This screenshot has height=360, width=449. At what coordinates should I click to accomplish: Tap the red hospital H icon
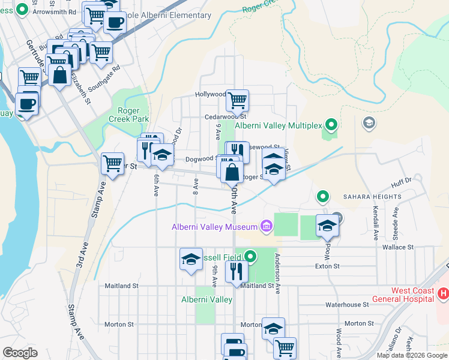[443, 293]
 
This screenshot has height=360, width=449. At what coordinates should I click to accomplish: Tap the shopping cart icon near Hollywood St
[238, 100]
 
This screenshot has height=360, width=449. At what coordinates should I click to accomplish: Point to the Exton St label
[328, 265]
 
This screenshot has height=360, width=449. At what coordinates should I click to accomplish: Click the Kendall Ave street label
[375, 220]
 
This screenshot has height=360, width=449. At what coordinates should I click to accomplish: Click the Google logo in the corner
[20, 353]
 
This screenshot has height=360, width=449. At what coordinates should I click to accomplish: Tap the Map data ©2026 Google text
[412, 355]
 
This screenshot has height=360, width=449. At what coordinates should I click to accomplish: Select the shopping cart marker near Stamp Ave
[113, 163]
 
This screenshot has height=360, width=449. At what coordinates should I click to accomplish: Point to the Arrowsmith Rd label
[54, 11]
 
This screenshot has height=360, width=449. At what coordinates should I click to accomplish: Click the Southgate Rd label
[104, 77]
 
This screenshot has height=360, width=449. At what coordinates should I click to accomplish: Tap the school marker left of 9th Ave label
[191, 260]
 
